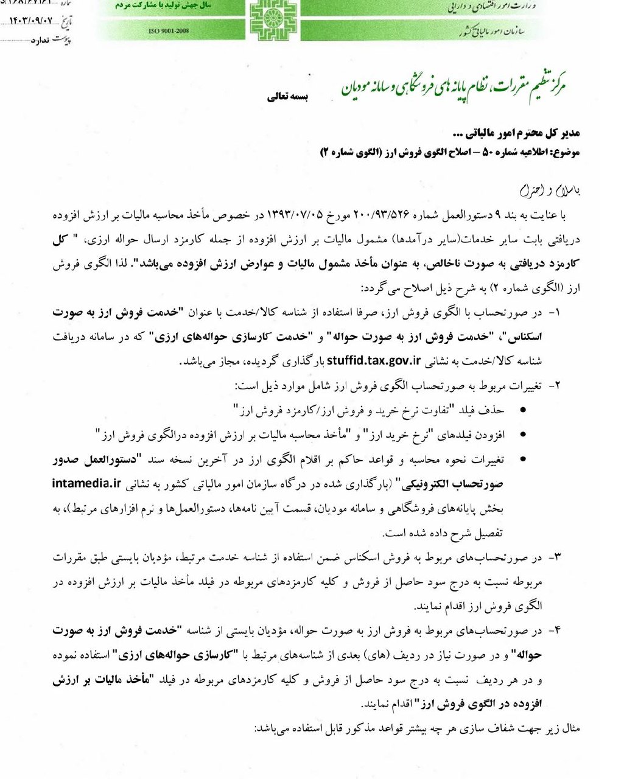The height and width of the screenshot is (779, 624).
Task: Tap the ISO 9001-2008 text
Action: coord(169,30)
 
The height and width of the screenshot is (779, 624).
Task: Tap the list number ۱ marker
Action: coord(555,313)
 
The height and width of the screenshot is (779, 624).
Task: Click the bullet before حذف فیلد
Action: coord(523,410)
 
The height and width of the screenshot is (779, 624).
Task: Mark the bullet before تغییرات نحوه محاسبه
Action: coord(523,460)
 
